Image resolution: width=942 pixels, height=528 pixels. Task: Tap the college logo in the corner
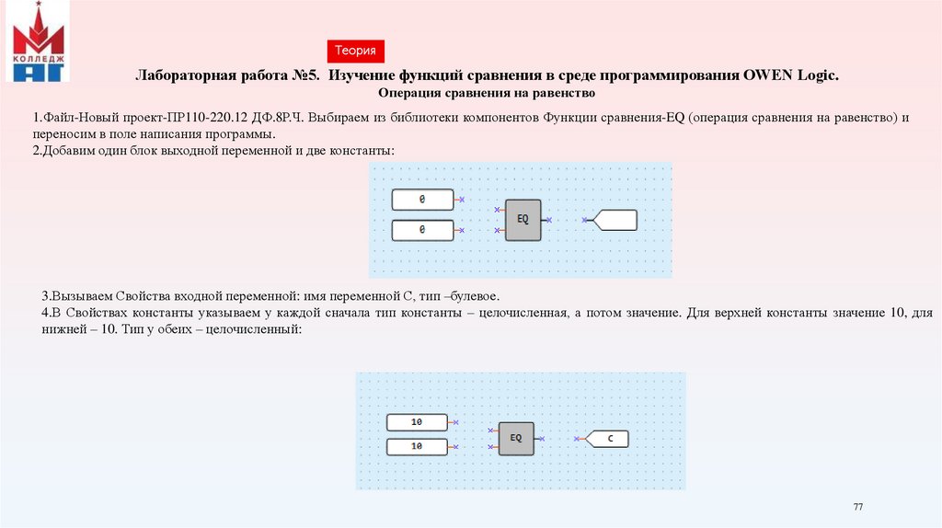[38, 42]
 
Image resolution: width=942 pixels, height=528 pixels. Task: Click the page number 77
[858, 508]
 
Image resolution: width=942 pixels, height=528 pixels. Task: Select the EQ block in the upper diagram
[523, 220]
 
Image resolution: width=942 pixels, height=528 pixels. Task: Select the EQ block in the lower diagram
[516, 438]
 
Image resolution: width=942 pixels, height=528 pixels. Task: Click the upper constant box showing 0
[422, 200]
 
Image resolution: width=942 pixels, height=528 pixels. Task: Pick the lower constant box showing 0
[422, 230]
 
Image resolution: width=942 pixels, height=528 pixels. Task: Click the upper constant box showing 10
[417, 422]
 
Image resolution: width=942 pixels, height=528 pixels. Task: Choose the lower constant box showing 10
[417, 446]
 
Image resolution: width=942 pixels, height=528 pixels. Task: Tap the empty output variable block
[615, 220]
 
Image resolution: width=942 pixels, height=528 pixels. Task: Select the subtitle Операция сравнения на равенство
[488, 94]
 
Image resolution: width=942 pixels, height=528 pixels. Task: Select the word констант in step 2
[363, 149]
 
